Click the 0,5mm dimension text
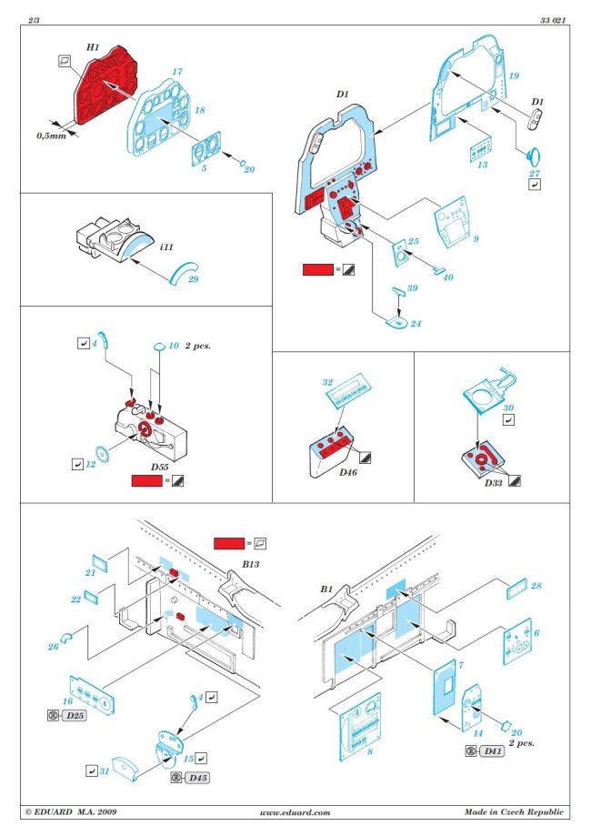tap(51, 136)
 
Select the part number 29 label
tap(193, 279)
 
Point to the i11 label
tap(166, 247)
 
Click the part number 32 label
tap(329, 383)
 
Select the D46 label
tap(346, 473)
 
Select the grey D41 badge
tap(492, 750)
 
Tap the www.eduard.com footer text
tap(295, 812)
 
